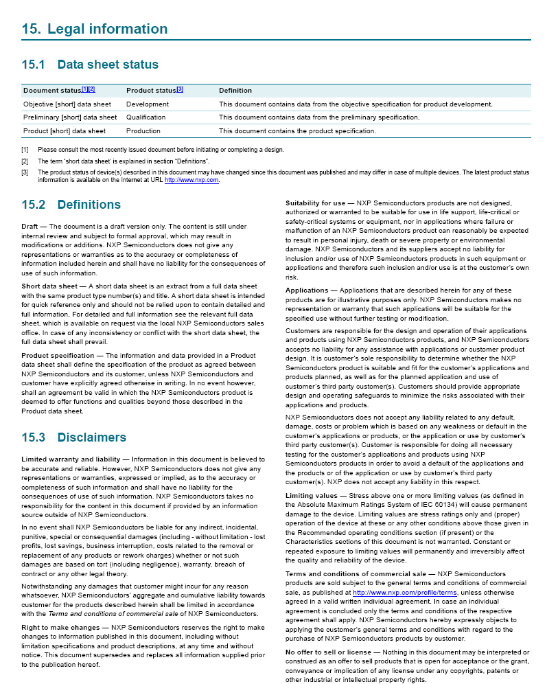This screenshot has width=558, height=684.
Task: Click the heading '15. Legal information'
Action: tap(95, 29)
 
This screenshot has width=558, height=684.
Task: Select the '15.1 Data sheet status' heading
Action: tap(90, 65)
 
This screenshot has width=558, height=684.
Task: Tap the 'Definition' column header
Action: tap(235, 91)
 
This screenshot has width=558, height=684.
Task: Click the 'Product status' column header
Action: tap(151, 91)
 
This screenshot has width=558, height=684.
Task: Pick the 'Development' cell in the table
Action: tap(148, 104)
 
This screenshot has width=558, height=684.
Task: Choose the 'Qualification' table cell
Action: tap(146, 117)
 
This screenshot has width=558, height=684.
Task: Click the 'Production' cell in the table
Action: tap(143, 130)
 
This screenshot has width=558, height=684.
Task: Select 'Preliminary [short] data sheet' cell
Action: tap(70, 117)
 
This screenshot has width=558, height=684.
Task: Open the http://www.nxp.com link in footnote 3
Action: tap(191, 180)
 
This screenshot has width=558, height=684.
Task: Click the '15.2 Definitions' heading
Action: tap(71, 205)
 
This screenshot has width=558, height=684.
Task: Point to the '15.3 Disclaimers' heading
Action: tap(74, 437)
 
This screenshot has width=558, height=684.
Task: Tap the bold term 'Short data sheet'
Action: tap(49, 286)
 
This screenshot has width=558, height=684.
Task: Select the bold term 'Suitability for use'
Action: tap(316, 203)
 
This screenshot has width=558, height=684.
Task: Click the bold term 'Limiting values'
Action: tap(312, 495)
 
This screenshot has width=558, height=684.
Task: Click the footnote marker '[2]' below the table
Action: tap(25, 161)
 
